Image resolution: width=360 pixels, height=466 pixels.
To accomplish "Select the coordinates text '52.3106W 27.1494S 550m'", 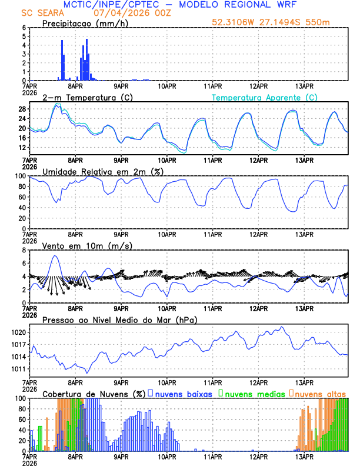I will [x=279, y=23].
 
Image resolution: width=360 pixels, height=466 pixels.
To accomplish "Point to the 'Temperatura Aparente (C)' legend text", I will [x=264, y=97].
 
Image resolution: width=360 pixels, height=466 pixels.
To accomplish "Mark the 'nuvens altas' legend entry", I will [x=320, y=394].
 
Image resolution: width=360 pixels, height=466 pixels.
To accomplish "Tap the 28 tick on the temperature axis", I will [x=22, y=109].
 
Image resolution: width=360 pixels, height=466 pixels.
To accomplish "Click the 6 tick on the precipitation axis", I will [x=24, y=28].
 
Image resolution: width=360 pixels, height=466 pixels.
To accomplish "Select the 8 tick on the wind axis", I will [x=24, y=250].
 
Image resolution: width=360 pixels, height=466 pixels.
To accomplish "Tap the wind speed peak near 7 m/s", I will [x=55, y=256].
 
